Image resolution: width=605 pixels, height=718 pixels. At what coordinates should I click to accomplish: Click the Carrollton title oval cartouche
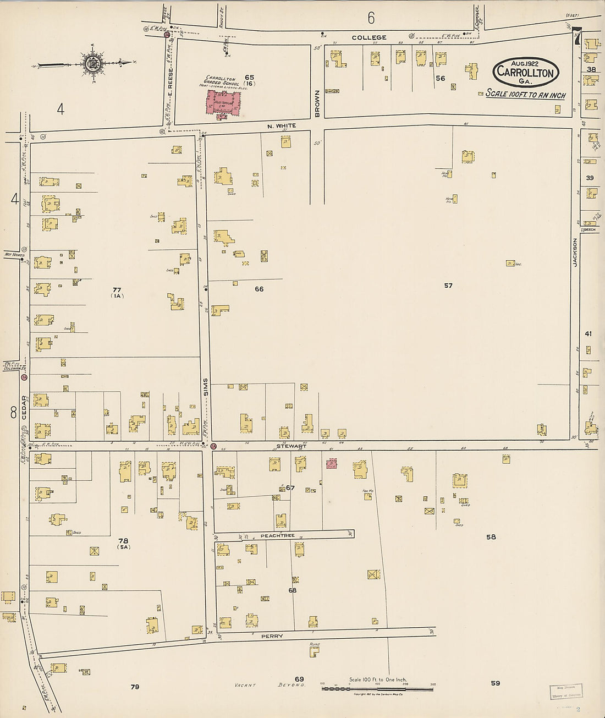point(526,72)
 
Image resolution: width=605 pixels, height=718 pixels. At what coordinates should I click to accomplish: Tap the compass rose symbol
point(91,62)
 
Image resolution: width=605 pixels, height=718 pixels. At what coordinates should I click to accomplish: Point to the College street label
point(369,37)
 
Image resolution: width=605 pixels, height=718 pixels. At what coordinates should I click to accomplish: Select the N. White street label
point(282,126)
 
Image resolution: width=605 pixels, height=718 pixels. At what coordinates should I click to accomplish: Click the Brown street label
point(317,103)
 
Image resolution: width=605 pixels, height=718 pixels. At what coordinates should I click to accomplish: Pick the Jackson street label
point(575,253)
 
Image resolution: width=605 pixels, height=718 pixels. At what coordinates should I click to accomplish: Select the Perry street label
point(272,636)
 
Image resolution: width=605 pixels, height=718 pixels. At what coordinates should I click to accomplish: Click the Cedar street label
point(24,408)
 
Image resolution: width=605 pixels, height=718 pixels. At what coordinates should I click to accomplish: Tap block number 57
point(448,286)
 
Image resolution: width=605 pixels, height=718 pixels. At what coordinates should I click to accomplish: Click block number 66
point(259,289)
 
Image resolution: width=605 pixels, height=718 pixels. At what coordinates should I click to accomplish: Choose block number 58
point(491,536)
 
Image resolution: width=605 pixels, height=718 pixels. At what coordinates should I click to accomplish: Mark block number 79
point(135,687)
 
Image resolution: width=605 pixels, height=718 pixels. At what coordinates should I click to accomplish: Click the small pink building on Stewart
point(331,464)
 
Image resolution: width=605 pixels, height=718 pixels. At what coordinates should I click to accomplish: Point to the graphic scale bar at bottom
point(377,688)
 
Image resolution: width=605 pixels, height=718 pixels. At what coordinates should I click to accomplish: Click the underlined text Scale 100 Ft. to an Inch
point(525,95)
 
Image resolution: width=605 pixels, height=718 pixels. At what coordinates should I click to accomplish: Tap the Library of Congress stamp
point(566,692)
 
